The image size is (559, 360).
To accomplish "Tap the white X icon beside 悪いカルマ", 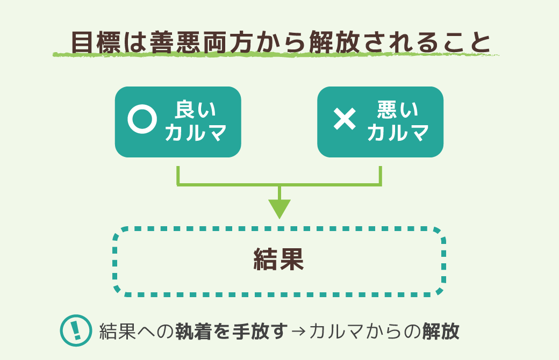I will pos(345,119).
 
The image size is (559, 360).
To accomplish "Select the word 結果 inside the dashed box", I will pos(278,260).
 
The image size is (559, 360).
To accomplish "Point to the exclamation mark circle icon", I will pos(75,330).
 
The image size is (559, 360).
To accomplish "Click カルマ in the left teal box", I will pos(195,133).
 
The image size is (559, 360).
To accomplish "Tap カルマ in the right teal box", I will pos(398,133).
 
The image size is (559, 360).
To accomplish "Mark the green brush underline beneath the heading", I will pos(275,55).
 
